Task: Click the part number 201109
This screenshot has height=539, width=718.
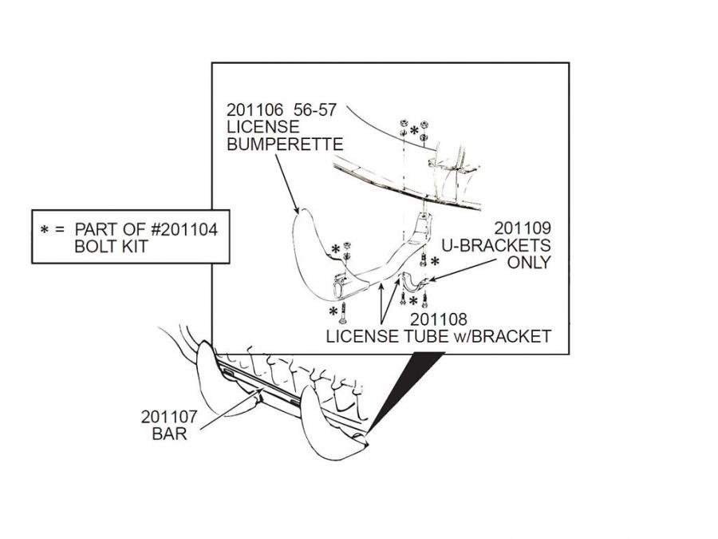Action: pyautogui.click(x=523, y=228)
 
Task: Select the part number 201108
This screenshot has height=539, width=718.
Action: pyautogui.click(x=439, y=320)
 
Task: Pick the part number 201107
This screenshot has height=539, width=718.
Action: pyautogui.click(x=169, y=416)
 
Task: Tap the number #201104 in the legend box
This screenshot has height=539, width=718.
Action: pyautogui.click(x=178, y=230)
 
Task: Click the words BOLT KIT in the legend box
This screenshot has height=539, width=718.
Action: pyautogui.click(x=110, y=247)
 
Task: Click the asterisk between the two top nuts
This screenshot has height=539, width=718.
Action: pyautogui.click(x=414, y=130)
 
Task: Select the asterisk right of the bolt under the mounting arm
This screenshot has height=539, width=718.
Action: pyautogui.click(x=435, y=261)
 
